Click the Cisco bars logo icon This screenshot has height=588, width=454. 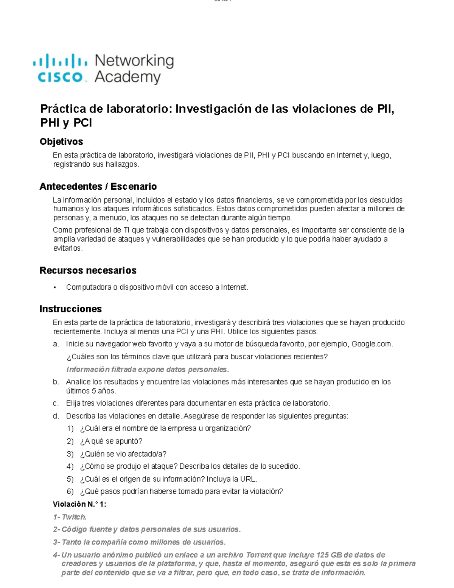60,61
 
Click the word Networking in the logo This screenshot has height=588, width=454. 134,61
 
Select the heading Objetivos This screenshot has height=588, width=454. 61,142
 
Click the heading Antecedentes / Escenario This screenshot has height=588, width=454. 98,186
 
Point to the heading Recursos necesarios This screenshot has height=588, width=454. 88,270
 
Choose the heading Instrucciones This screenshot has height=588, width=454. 70,309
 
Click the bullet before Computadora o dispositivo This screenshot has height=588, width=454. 55,288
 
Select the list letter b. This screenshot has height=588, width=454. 56,382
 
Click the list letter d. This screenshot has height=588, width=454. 56,416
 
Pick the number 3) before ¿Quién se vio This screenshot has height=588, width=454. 70,454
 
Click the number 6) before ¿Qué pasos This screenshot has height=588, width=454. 70,492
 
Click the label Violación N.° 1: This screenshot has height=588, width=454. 79,504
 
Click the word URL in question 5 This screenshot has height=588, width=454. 248,479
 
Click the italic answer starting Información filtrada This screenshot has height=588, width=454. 148,370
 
